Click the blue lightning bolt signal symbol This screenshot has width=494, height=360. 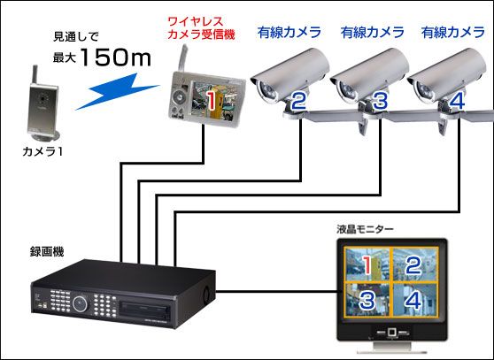(117, 91)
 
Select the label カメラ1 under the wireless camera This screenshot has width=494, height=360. (42, 151)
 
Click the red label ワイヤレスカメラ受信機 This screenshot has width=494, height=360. (201, 28)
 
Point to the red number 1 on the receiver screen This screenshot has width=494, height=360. (211, 100)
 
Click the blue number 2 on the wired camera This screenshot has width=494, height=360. (298, 101)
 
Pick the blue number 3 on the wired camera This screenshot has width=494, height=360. (380, 101)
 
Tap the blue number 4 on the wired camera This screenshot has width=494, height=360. (456, 101)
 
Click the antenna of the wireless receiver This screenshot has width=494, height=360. (182, 58)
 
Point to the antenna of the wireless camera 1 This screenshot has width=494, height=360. (35, 75)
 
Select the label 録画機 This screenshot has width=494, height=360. (47, 252)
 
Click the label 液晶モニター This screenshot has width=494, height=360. (365, 229)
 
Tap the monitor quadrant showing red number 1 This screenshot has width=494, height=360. (367, 264)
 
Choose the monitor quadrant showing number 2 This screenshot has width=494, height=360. (414, 264)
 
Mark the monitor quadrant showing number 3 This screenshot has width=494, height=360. (367, 299)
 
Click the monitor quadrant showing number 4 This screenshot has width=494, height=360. (414, 299)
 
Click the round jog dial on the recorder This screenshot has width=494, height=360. (80, 303)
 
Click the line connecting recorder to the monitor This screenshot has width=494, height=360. (276, 291)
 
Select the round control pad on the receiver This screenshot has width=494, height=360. (180, 97)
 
